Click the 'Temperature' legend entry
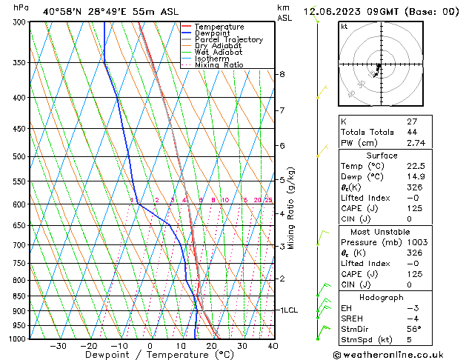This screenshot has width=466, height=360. tap(219, 27)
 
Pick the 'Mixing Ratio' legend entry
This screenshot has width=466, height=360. tap(219, 65)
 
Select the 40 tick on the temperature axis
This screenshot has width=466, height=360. tap(273, 346)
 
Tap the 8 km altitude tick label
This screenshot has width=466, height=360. tap(282, 74)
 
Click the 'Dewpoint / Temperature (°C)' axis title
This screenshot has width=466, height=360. tap(149, 356)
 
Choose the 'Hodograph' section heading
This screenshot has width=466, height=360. tap(381, 297)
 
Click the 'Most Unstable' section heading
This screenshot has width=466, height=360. tap(381, 231)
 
